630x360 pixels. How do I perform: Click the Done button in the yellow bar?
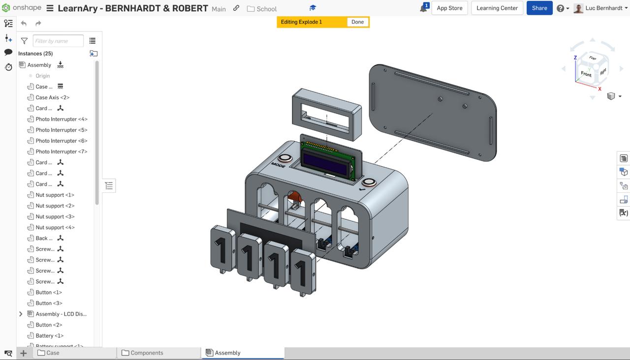357,22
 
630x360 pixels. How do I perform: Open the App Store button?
449,8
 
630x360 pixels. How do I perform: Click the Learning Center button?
497,8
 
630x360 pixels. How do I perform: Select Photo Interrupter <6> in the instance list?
61,141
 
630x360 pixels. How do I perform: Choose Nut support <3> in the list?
55,216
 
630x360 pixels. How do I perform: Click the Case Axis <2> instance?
52,97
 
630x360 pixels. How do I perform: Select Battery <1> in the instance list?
49,335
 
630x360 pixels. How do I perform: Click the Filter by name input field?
58,41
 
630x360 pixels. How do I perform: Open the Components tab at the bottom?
147,353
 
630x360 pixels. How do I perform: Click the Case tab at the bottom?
53,353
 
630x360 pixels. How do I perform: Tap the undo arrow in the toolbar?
24,24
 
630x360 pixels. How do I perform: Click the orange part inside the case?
294,197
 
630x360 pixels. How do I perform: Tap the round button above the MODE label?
284,158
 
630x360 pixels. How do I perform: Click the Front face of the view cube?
586,74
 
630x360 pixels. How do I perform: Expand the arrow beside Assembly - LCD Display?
21,314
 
